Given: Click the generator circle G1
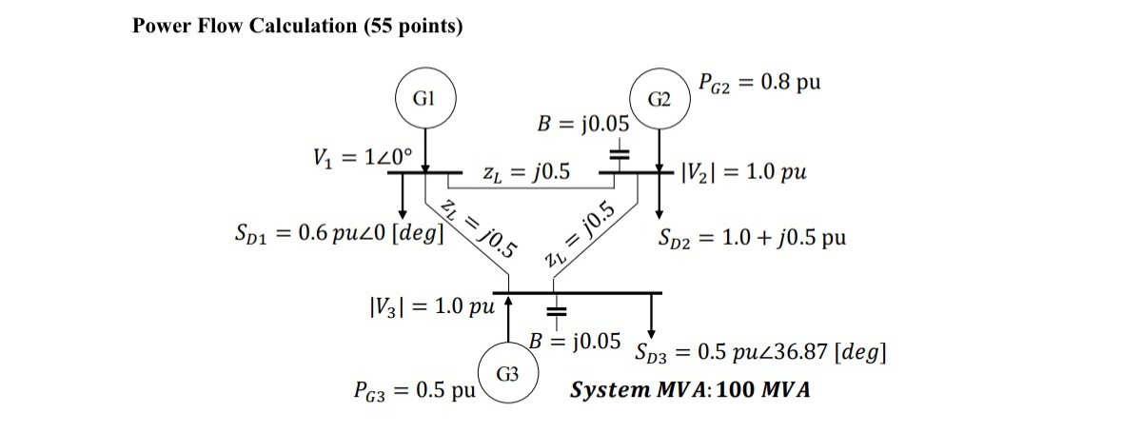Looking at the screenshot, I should [424, 99].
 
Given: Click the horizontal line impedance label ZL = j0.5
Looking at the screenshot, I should [526, 172].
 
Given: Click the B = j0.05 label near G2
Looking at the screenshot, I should [583, 124].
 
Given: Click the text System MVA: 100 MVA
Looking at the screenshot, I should [690, 390].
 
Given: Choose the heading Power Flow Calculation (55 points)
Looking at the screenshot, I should [298, 26].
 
